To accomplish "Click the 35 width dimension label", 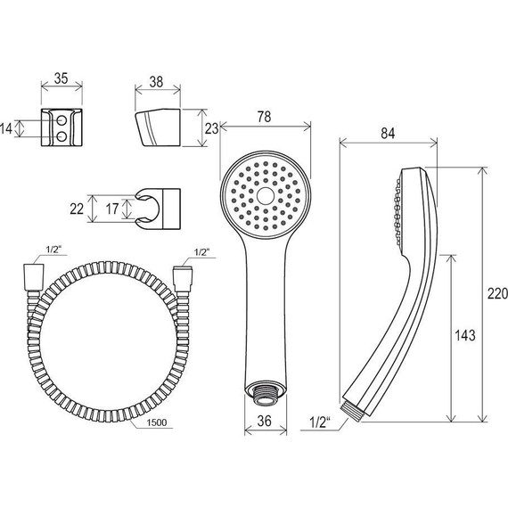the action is [61, 78].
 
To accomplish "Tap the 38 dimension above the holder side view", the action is [156, 82].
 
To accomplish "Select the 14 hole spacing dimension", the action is [6, 128].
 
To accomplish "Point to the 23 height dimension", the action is [211, 128].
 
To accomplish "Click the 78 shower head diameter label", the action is [265, 117].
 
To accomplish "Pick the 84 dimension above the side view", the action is [388, 133].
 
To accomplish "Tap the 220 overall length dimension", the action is [497, 294].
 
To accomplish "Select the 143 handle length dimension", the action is [465, 335].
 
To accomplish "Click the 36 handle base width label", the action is [265, 421].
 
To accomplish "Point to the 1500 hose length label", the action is [157, 422].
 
